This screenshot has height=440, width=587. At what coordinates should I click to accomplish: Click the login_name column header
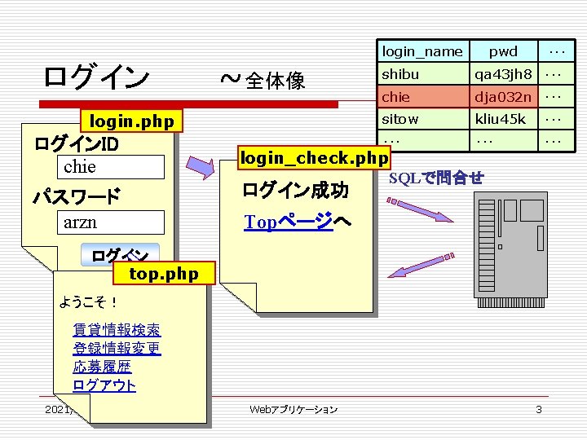(x=421, y=51)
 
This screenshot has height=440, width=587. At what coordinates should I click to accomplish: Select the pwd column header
(x=503, y=51)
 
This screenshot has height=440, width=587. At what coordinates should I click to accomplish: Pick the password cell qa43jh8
(x=503, y=74)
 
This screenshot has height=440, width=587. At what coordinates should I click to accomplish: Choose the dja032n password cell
(x=503, y=97)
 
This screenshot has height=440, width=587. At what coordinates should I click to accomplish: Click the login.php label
(x=131, y=122)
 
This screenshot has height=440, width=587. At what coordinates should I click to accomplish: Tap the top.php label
(x=164, y=273)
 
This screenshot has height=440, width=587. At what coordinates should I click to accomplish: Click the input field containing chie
(x=113, y=167)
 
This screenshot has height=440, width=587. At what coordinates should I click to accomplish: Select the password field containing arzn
(x=113, y=222)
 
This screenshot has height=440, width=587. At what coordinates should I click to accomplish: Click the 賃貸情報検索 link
(x=117, y=330)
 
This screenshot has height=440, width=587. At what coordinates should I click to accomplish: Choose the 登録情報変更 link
(x=117, y=349)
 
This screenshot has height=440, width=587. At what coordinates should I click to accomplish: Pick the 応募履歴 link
(x=102, y=367)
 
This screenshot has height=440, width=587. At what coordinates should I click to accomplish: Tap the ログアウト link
(x=104, y=386)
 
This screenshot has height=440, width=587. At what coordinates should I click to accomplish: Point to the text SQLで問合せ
(x=436, y=178)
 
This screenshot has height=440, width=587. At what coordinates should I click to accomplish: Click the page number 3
(x=538, y=409)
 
